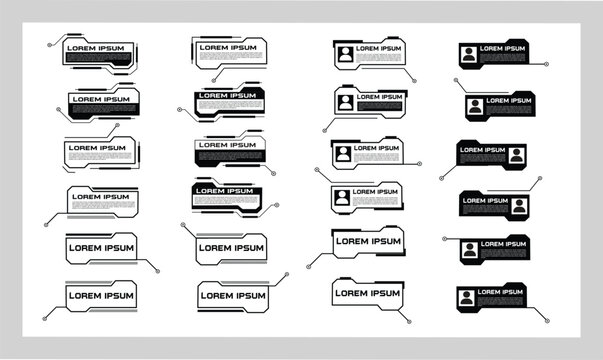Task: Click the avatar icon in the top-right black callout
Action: (x=467, y=54)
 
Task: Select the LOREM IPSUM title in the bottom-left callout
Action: (x=100, y=295)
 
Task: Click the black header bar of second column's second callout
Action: (x=231, y=94)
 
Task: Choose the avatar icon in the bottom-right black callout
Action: (x=467, y=297)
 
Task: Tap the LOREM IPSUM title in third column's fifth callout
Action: (x=366, y=241)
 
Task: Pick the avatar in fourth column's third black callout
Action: (x=515, y=155)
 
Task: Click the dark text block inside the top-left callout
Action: (x=97, y=59)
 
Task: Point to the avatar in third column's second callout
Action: (x=345, y=102)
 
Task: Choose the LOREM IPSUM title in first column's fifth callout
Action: (x=100, y=246)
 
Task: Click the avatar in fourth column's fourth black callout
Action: (x=519, y=205)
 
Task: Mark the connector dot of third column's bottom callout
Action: (x=408, y=320)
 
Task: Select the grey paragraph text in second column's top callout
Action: (x=230, y=58)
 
